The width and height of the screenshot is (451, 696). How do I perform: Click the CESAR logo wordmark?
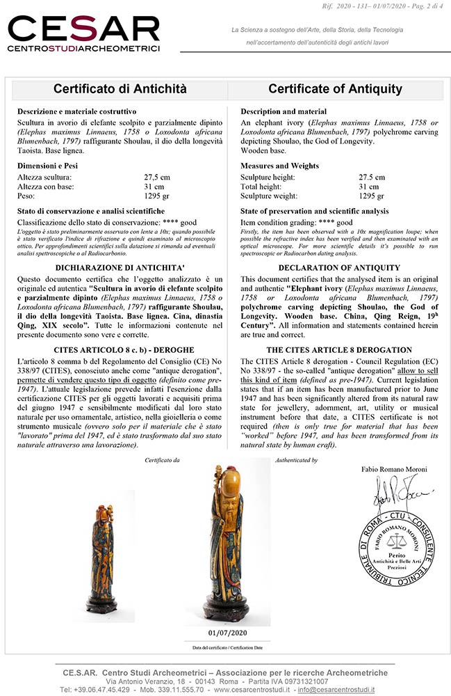click(83, 31)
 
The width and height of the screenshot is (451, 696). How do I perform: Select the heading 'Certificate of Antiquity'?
click(335, 89)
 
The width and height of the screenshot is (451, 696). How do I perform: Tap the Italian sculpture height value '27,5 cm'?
click(156, 177)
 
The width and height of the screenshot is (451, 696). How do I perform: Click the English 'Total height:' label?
click(263, 187)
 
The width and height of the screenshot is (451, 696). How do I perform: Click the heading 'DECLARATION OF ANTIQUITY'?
click(336, 267)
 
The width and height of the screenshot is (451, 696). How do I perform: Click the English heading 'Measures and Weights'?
click(279, 166)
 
